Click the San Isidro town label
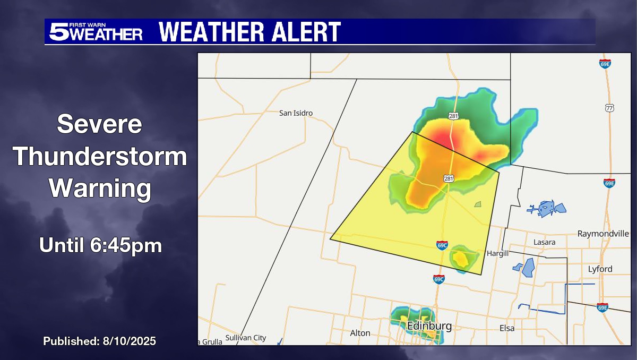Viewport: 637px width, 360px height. [296, 113]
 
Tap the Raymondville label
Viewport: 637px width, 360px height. [603, 234]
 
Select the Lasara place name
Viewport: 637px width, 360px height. [545, 242]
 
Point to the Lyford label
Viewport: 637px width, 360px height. [600, 269]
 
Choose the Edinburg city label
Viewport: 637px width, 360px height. [429, 326]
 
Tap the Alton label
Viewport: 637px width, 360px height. [360, 333]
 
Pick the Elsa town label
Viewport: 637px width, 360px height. [507, 328]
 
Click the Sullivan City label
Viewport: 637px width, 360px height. [245, 338]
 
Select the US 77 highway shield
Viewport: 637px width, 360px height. [609, 108]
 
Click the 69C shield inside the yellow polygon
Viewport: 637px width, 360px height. [442, 245]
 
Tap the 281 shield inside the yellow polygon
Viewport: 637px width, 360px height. [449, 179]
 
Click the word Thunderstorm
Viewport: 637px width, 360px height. [100, 157]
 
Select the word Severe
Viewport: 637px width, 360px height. [100, 125]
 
